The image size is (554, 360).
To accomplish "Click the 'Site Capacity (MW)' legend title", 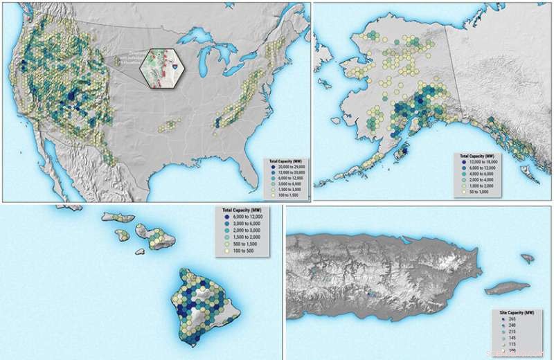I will pos(516,314).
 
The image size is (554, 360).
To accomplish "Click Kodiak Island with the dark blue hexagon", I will pos(400,152).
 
